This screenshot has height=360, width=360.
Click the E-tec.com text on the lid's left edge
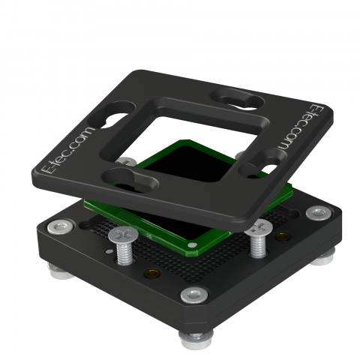pyautogui.click(x=67, y=151)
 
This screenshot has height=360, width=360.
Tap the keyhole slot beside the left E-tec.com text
pyautogui.click(x=113, y=115)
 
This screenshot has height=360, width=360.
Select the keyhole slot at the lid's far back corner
pyautogui.click(x=238, y=100)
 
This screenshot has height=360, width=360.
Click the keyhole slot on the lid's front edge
pyautogui.click(x=130, y=180)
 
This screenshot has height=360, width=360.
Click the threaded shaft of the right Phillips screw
pyautogui.click(x=258, y=246)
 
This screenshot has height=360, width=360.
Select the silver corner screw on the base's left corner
pyautogui.click(x=61, y=227)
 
